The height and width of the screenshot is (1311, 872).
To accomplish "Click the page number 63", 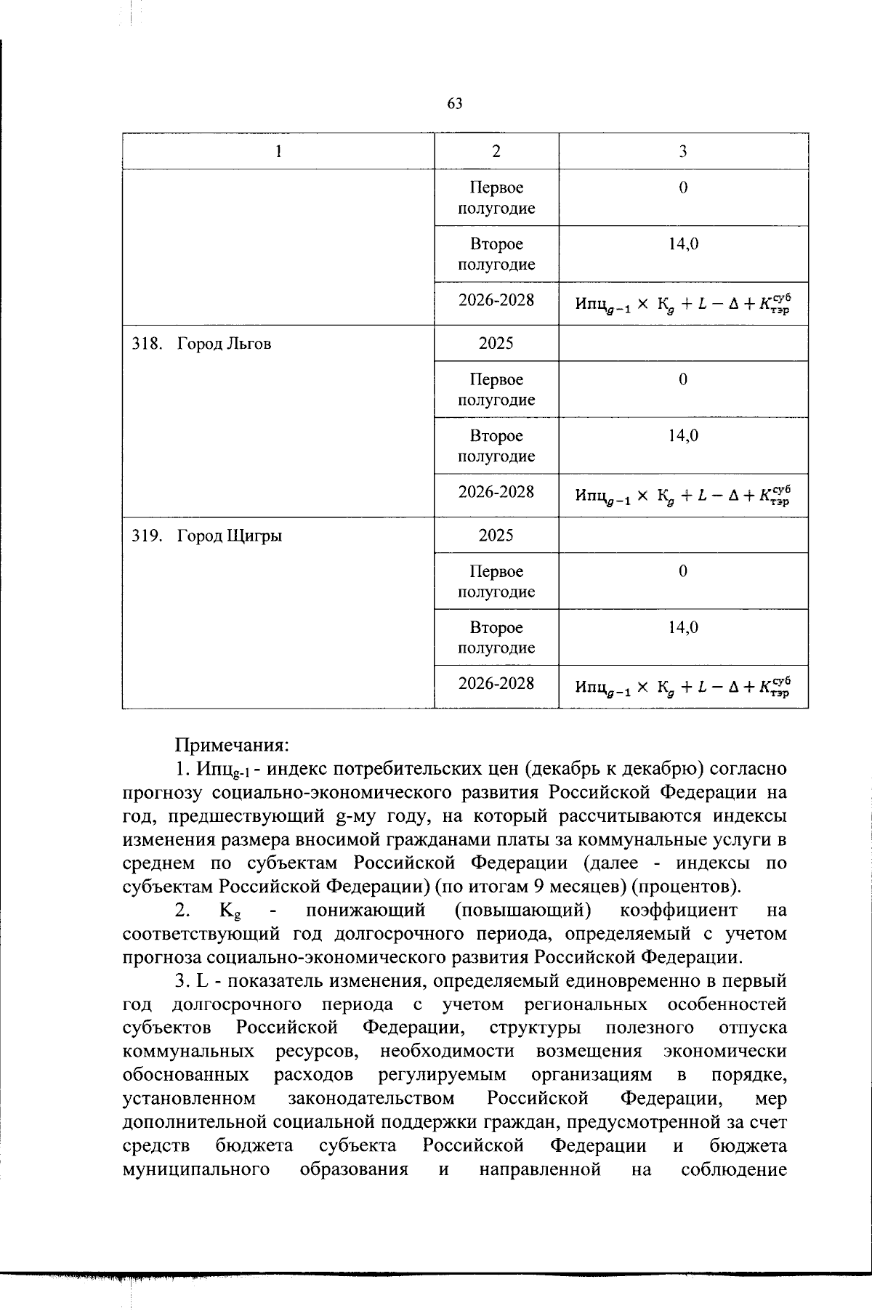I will click(x=455, y=104).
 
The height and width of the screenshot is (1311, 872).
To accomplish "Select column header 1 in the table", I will click(x=278, y=151).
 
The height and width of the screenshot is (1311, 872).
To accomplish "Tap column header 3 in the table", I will click(x=683, y=151).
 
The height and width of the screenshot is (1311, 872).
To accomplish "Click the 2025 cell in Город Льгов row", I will click(x=496, y=343).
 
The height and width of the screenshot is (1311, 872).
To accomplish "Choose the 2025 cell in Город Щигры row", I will click(x=496, y=535).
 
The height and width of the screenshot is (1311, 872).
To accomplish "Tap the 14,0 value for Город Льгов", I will click(x=683, y=435).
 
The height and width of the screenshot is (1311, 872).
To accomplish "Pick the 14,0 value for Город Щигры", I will click(x=683, y=627).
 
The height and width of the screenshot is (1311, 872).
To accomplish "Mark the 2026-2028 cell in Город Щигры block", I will click(x=496, y=683).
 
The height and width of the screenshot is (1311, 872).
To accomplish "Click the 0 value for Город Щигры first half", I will click(x=683, y=571).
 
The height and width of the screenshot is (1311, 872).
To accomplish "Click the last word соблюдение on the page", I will click(x=734, y=1171).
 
